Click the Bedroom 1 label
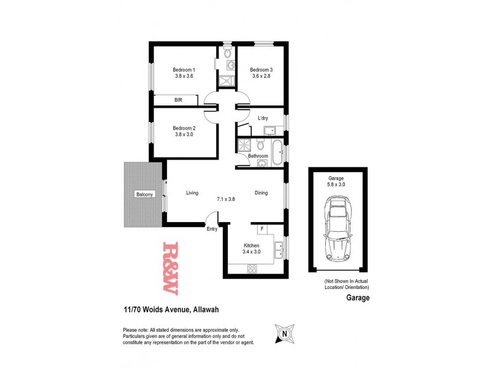coord(184,69)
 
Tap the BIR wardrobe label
coord(178,99)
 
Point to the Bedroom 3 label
coord(261,69)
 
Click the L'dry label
coord(263,118)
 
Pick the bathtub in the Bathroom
coord(277,152)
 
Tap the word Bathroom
coord(258,156)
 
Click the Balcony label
coord(145,194)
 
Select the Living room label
coord(192,193)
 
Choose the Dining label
coord(261,193)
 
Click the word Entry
coord(212,229)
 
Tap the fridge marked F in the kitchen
coord(262,229)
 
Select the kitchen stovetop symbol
coord(252,267)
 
